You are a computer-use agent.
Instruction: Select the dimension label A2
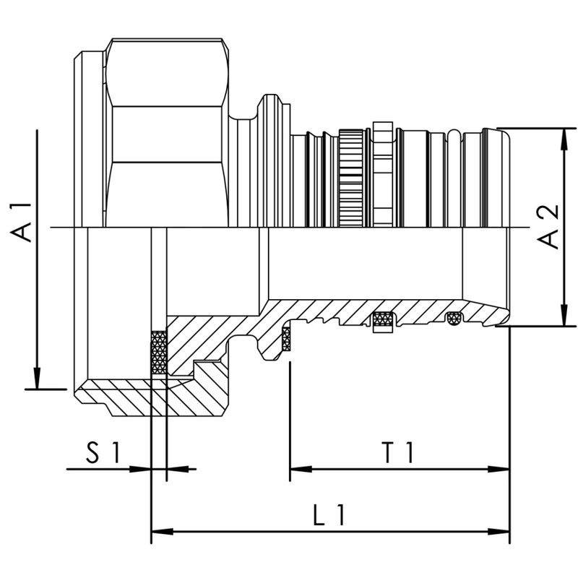tap(550, 227)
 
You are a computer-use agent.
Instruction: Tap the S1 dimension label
tap(102, 453)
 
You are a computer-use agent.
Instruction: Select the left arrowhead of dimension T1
tap(296, 469)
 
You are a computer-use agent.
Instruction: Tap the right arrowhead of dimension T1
tap(503, 469)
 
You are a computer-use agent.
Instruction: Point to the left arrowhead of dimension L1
tap(158, 532)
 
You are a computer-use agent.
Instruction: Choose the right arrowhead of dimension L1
tap(503, 532)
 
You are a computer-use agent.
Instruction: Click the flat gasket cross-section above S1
tap(158, 353)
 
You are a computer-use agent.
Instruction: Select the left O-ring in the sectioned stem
tap(384, 320)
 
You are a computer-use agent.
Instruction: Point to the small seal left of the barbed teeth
tap(286, 338)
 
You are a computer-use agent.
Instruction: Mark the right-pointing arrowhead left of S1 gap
tap(144, 469)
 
